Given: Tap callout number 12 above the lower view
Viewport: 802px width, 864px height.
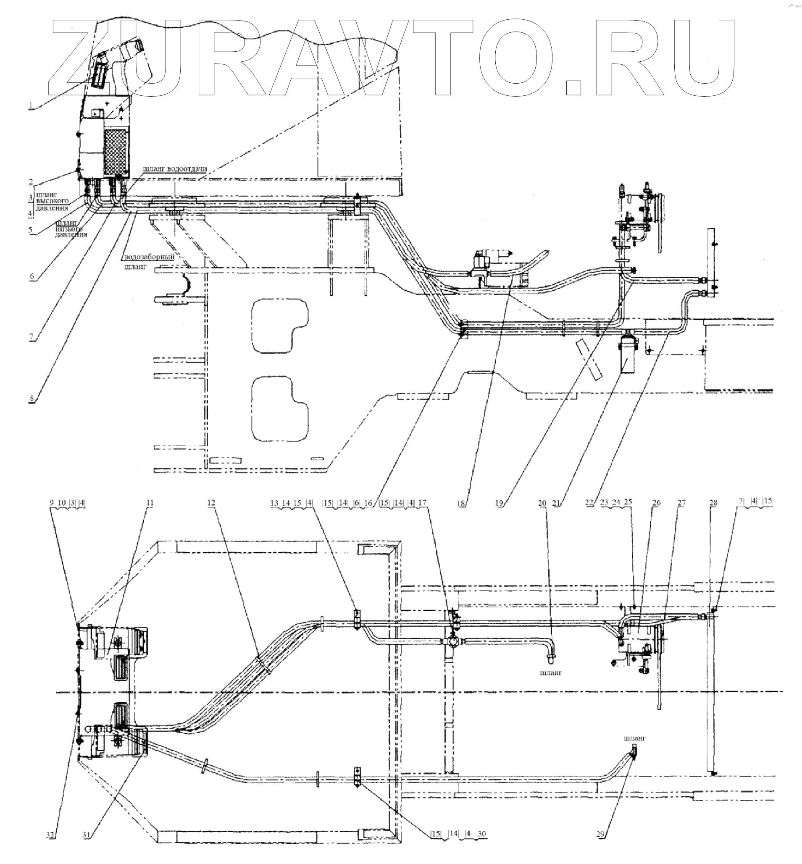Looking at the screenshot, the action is [211, 503].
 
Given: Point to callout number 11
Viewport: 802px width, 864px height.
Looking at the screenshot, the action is [150, 503].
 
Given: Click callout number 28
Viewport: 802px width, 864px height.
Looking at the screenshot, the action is [713, 503].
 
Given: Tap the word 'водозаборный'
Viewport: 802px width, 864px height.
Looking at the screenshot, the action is [149, 257].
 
